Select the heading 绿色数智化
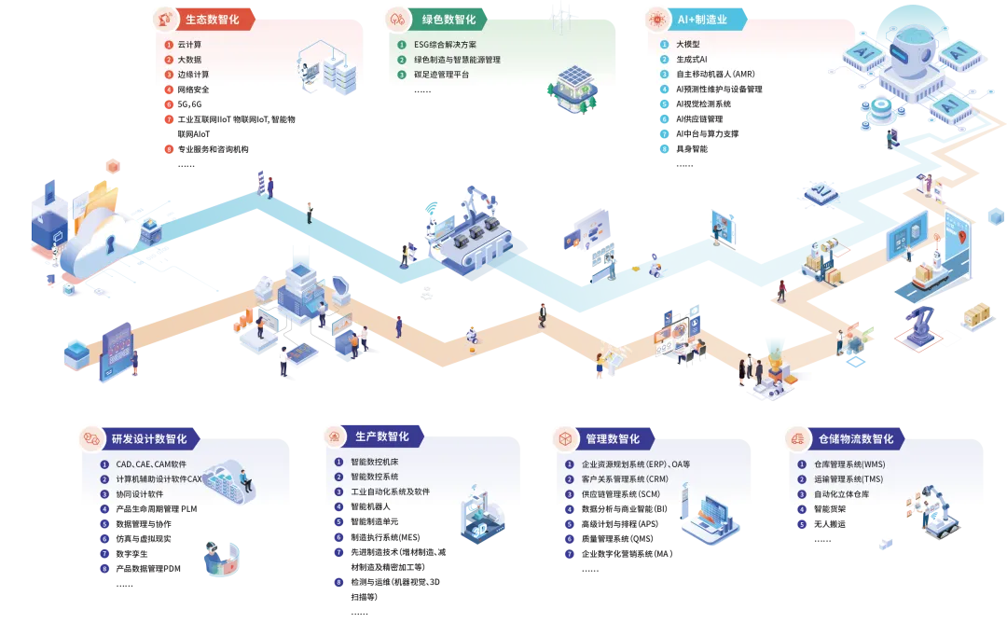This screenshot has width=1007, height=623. pos(448,19)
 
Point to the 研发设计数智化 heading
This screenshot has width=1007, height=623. pos(149,438)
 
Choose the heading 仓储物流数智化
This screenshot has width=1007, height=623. pos(855,438)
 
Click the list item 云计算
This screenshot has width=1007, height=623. pos(189,44)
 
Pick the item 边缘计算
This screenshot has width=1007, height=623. pos(193,74)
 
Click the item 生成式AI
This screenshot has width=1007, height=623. pos(692,59)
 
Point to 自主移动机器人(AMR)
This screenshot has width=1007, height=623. pos(715,74)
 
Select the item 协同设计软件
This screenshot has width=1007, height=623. pos(140,493)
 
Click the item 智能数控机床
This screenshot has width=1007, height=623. pos(374,462)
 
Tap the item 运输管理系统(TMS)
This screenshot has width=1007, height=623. pos(848,478)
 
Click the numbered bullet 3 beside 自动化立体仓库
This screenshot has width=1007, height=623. pos(801,493)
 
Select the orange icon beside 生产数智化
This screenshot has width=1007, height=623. pos(337,436)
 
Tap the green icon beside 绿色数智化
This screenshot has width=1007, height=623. pos(398,19)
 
